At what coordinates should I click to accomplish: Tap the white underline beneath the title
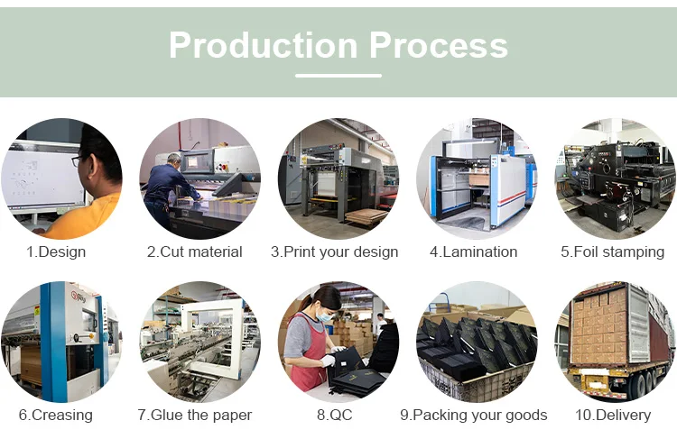[338, 76]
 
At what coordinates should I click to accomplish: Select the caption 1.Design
[56, 251]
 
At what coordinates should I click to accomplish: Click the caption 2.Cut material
[195, 251]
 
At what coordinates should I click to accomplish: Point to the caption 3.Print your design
[334, 251]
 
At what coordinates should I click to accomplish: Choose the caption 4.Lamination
[473, 251]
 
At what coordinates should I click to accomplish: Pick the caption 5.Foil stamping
[612, 251]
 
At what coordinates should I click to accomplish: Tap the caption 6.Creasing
[56, 415]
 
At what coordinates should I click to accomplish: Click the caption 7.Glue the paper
[195, 415]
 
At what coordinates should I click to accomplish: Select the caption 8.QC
[334, 415]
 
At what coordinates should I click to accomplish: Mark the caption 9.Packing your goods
[473, 415]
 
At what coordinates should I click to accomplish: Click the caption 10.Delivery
[612, 415]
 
